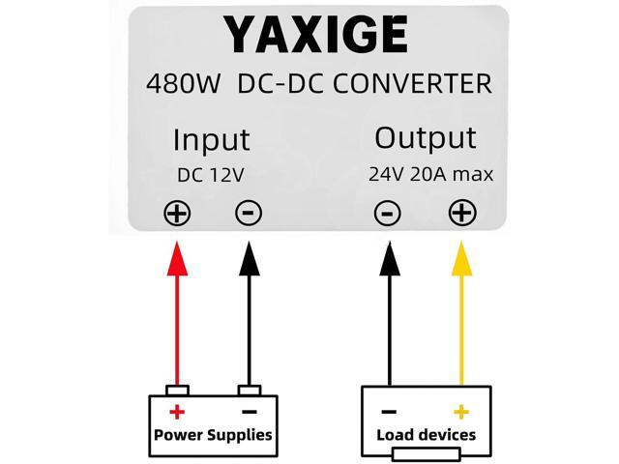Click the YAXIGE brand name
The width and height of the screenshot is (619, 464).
(315, 36)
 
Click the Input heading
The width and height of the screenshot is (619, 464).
(211, 140)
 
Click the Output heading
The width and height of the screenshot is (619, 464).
(426, 138)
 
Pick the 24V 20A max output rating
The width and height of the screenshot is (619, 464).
(430, 175)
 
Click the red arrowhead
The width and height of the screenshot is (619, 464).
(177, 259)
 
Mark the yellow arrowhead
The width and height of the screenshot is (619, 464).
(462, 259)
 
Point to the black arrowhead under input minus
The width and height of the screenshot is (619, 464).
(249, 259)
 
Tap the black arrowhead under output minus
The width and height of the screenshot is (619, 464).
(387, 259)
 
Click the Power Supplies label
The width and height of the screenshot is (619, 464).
(213, 434)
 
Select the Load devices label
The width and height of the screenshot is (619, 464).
(426, 434)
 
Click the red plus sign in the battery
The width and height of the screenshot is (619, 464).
(177, 412)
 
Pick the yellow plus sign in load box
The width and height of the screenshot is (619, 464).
(461, 412)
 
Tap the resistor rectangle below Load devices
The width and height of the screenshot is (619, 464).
(426, 455)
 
